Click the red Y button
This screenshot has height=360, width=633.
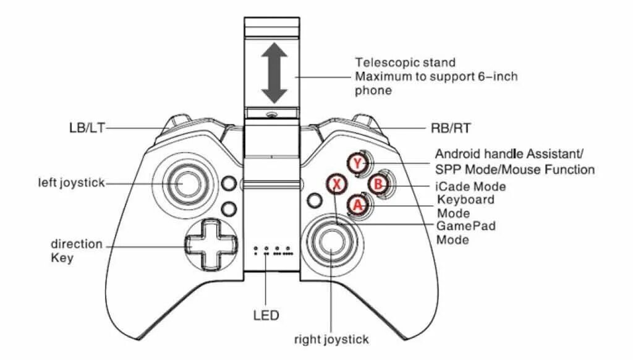357,163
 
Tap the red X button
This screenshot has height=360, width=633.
336,184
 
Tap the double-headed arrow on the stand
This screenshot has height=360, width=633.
274,74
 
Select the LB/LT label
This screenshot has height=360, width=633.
87,129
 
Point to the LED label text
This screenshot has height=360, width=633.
266,315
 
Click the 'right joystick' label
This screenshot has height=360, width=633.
331,339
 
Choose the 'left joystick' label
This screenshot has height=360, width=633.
71,183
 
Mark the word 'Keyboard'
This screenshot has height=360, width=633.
466,200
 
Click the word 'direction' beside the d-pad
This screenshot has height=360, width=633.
76,244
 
